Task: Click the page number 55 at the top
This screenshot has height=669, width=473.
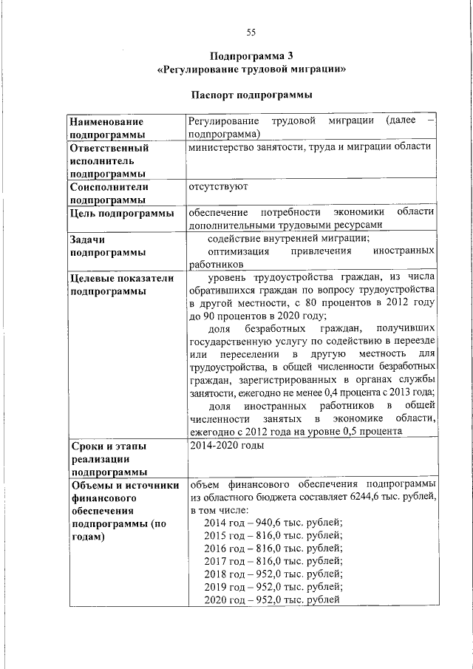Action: pos(251,32)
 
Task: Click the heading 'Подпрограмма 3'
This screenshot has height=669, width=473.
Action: pos(251,56)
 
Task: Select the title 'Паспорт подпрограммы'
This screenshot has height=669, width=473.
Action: pos(251,95)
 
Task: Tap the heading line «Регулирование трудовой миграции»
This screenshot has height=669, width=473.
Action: pos(251,69)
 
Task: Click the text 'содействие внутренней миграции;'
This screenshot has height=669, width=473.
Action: pos(289,238)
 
